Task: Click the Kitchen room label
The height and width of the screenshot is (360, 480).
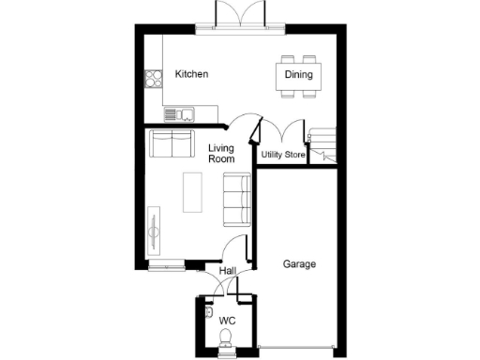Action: point(191,74)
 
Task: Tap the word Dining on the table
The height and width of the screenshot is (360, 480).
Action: point(298,74)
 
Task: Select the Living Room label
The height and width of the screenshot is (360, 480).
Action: point(221,154)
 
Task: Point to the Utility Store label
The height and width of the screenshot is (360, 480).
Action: point(283,154)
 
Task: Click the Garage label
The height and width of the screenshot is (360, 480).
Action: point(299,264)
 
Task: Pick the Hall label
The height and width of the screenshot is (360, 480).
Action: point(227,272)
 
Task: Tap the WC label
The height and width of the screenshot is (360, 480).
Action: point(226,321)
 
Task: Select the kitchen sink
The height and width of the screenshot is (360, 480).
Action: point(177,115)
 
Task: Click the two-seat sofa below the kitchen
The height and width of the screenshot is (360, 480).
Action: point(170,145)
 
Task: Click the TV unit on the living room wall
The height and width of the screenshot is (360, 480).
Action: point(154,229)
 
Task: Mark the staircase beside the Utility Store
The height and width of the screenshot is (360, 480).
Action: point(323,143)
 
